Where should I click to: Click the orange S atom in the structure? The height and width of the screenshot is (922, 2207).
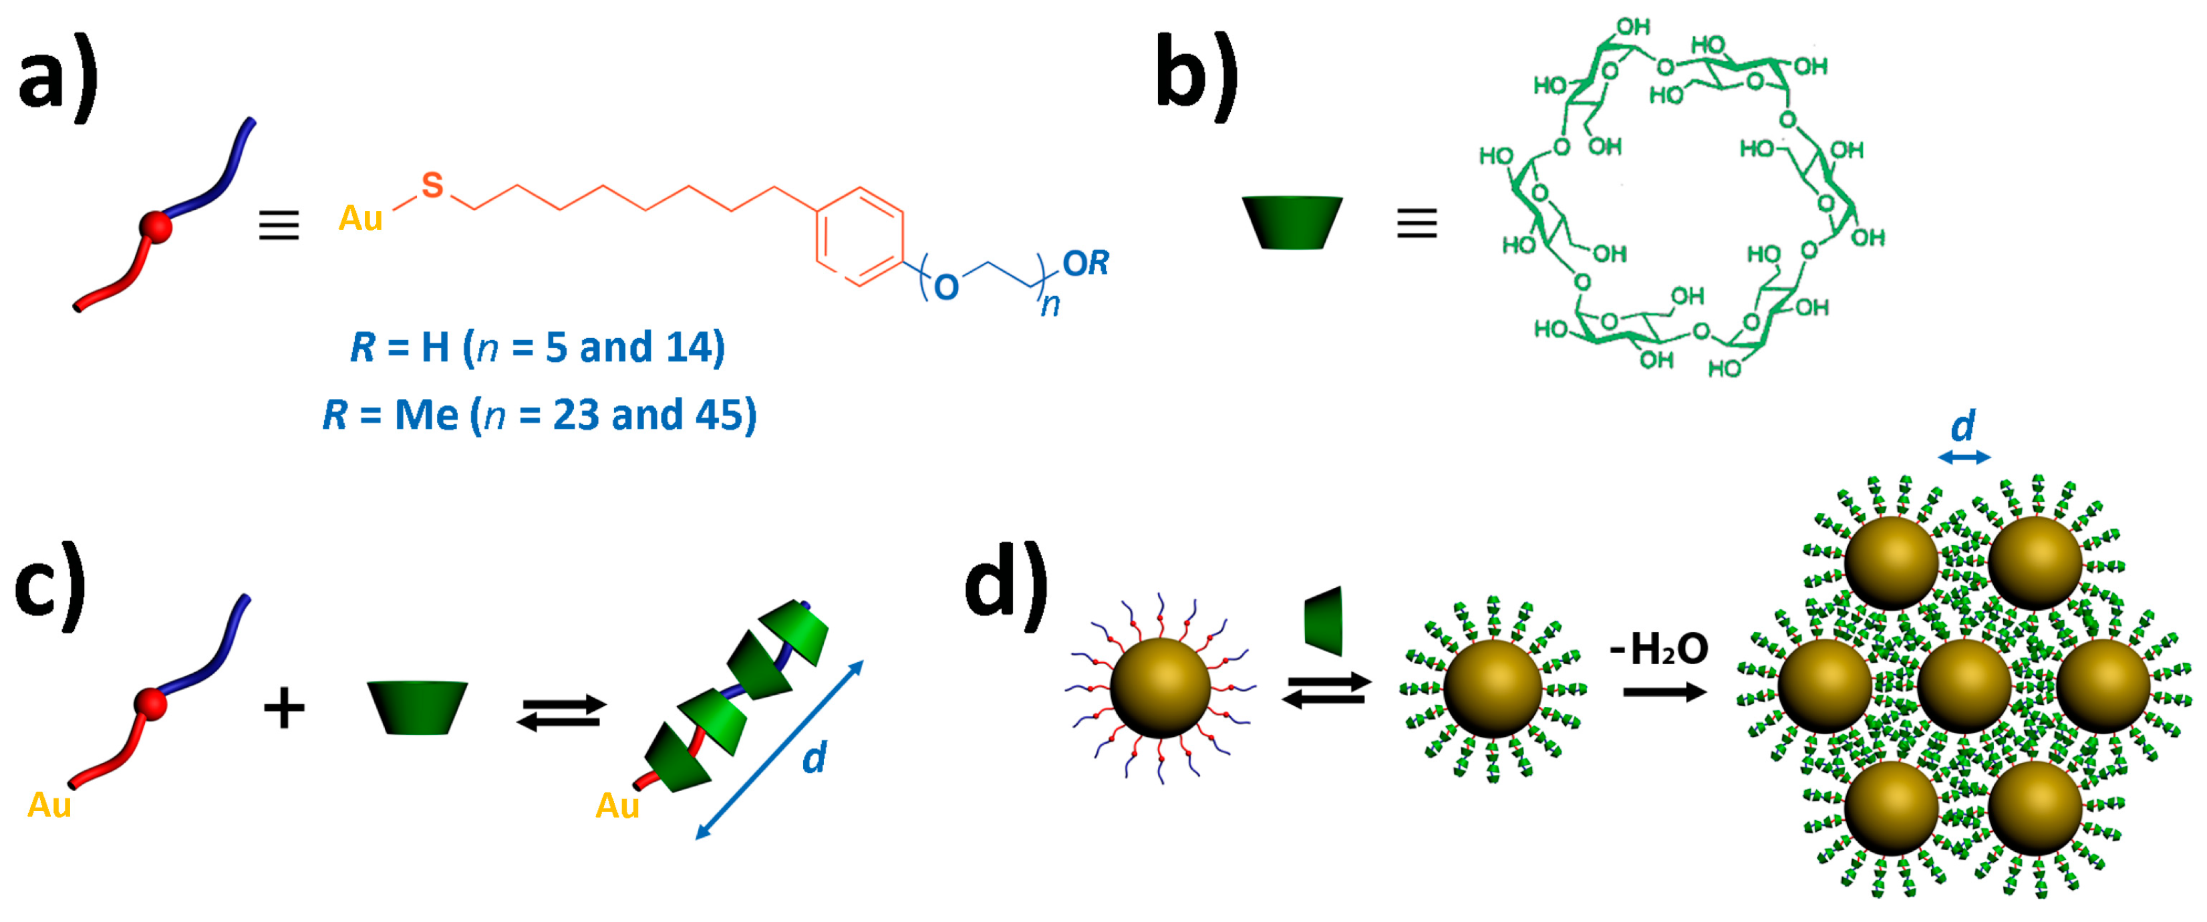point(433,185)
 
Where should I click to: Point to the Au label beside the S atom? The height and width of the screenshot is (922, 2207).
point(360,218)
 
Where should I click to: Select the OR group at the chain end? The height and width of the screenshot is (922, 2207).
point(1086,263)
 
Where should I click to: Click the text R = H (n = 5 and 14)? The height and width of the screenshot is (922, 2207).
point(537,347)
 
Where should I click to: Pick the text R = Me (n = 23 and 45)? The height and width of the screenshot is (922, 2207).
point(540,415)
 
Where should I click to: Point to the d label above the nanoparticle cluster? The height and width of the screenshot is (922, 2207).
point(1963,426)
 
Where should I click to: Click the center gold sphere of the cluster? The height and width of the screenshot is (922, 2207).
point(1964,685)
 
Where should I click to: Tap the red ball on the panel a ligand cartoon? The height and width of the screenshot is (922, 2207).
point(156,227)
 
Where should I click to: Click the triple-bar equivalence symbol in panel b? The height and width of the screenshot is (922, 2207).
point(1417,224)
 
